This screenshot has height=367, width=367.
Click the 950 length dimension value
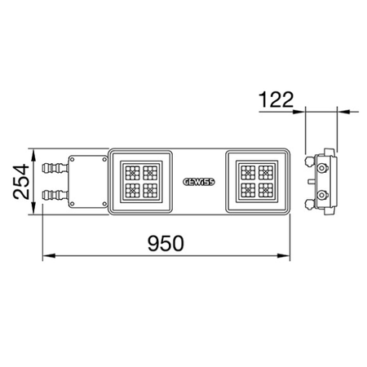click(166, 243)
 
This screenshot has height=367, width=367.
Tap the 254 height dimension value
click(21, 181)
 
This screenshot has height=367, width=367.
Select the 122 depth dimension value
click(276, 99)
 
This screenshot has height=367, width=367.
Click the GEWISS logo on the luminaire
click(199, 182)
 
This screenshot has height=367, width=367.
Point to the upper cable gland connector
click(55, 168)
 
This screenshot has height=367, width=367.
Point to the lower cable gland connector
click(55, 195)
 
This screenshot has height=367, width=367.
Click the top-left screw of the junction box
click(73, 160)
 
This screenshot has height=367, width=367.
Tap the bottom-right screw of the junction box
click(104, 204)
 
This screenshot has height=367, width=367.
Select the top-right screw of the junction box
click(104, 160)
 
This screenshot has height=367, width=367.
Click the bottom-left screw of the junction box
click(73, 204)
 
